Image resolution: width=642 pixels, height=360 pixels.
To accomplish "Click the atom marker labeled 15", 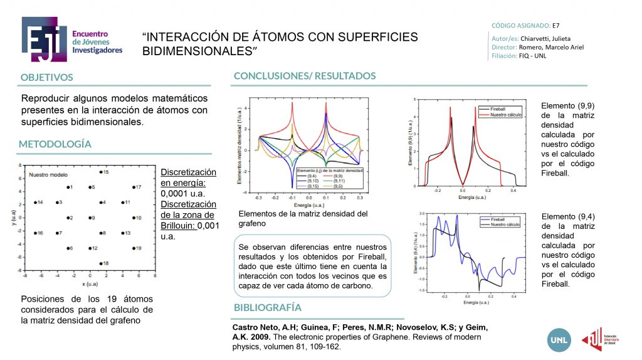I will (101, 172).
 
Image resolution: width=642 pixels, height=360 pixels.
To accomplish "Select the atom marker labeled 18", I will (101, 263).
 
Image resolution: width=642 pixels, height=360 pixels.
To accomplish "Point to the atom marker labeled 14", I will (35, 203).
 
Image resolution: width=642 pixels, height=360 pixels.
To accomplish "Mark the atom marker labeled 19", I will (133, 248).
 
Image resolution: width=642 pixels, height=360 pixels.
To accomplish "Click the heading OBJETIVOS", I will (46, 78).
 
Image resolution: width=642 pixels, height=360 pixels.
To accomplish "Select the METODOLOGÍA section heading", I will (55, 144).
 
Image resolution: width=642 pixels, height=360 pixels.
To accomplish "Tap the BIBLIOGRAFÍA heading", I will (268, 308).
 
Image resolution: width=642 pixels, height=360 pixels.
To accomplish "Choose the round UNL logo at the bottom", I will (558, 339).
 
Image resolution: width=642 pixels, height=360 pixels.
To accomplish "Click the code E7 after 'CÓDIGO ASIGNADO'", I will (555, 26).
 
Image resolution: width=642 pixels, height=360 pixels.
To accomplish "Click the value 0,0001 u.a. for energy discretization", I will (181, 194).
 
